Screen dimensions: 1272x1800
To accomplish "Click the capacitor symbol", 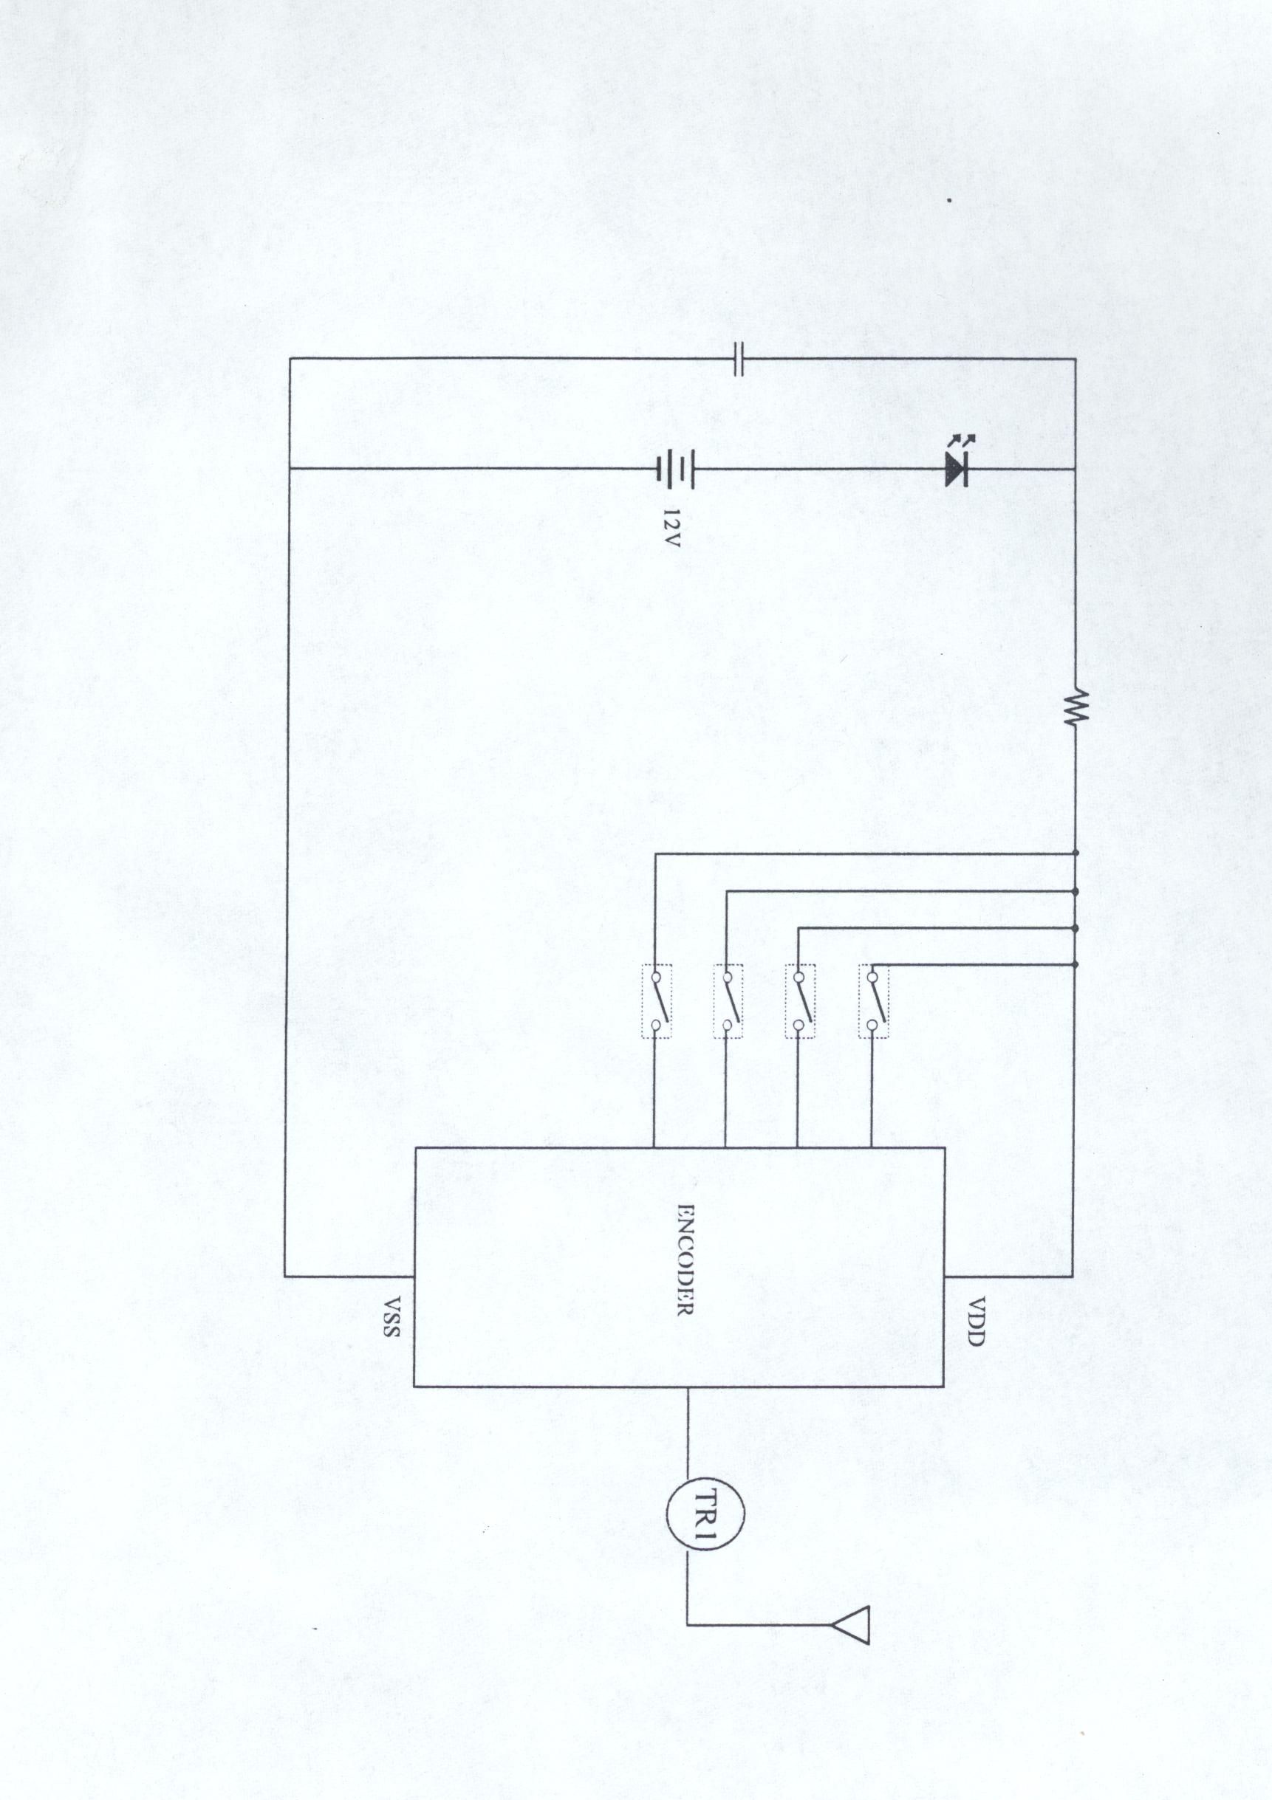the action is (x=736, y=359).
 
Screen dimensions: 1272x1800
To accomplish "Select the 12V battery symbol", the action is (x=675, y=469).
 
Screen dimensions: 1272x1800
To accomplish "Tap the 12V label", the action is (x=671, y=528).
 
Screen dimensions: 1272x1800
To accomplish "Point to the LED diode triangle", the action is (x=956, y=470).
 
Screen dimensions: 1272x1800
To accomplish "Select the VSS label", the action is (x=391, y=1316).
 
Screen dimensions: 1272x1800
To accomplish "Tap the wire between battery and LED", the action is (x=819, y=469).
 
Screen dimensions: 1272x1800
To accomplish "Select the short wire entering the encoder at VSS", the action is (x=349, y=1277).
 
